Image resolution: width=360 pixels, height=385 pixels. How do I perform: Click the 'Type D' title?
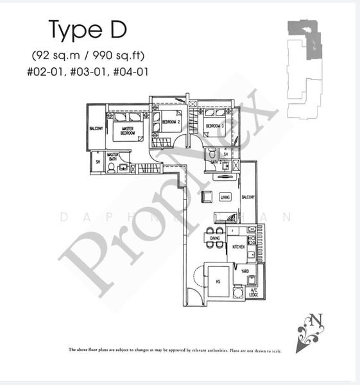(87, 30)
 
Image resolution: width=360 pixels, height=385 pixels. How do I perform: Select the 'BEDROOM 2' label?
(171, 121)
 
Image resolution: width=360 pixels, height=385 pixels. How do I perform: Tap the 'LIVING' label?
(225, 197)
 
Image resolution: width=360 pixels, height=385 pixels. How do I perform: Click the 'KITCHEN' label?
(238, 245)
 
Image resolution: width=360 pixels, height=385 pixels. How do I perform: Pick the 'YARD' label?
(244, 271)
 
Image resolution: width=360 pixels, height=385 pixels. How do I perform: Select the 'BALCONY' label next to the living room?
(248, 197)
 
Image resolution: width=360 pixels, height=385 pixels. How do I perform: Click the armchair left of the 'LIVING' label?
(207, 197)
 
